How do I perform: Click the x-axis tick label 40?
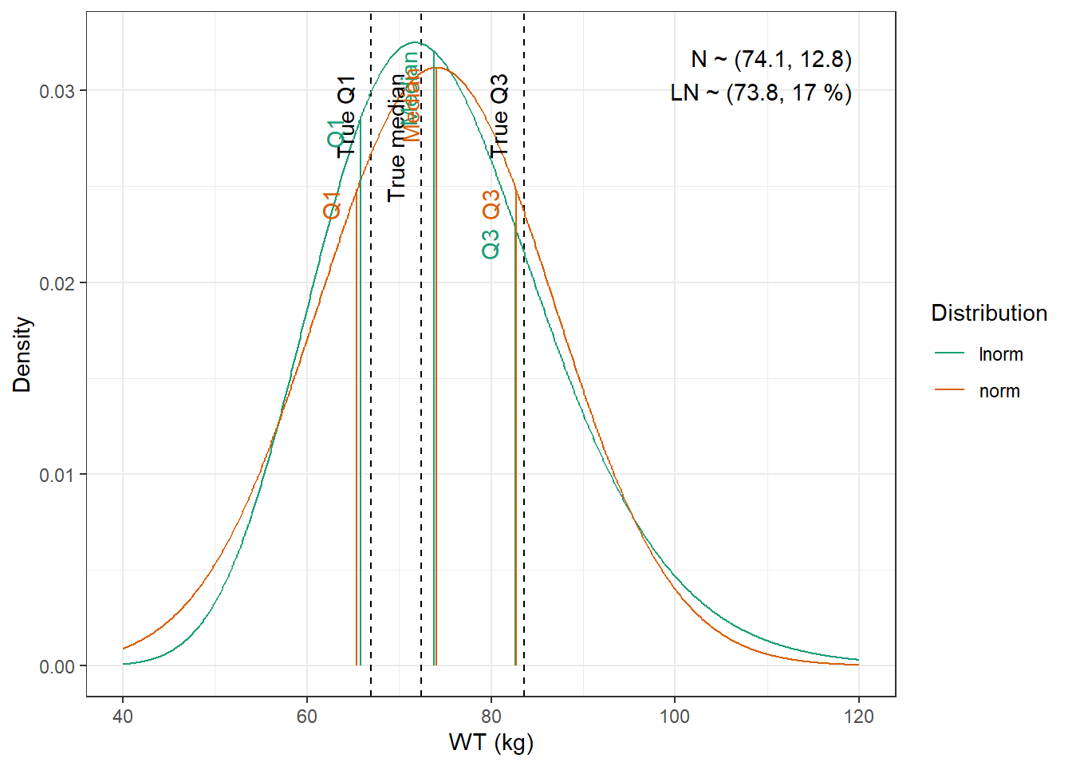(123, 717)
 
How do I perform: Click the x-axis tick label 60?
(307, 717)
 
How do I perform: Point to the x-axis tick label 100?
(675, 717)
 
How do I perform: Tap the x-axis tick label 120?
(858, 717)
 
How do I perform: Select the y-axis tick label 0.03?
(57, 92)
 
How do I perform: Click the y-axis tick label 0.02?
(57, 283)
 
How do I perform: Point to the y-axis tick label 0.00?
(57, 667)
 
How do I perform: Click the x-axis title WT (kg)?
(491, 743)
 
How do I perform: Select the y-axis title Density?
(22, 354)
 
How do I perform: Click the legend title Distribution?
(989, 313)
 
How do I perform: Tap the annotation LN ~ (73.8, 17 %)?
(761, 93)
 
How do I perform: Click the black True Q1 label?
(346, 116)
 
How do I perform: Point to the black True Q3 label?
(499, 115)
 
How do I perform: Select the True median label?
(396, 137)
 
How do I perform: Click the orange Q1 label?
(332, 205)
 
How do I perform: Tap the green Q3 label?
(491, 244)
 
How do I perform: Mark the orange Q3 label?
(491, 204)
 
